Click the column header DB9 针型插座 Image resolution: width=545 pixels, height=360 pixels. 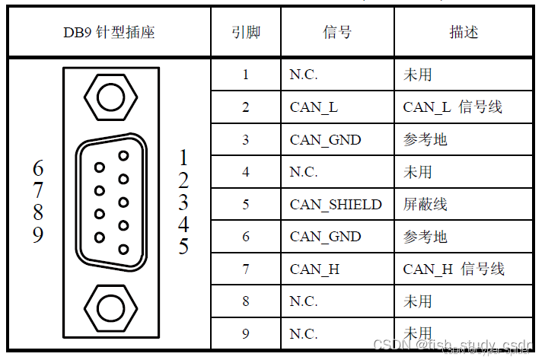tap(109, 33)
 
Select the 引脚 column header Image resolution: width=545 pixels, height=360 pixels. tap(245, 33)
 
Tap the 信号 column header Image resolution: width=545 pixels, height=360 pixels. tap(337, 33)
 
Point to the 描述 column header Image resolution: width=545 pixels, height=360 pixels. tap(464, 33)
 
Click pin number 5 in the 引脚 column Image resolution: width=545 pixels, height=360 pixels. tap(246, 205)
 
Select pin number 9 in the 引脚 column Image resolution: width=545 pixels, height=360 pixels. tap(246, 333)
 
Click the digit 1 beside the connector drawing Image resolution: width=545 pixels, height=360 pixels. tap(183, 158)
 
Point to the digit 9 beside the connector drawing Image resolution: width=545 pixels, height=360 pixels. tap(38, 235)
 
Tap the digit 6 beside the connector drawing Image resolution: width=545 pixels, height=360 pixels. tap(38, 168)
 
